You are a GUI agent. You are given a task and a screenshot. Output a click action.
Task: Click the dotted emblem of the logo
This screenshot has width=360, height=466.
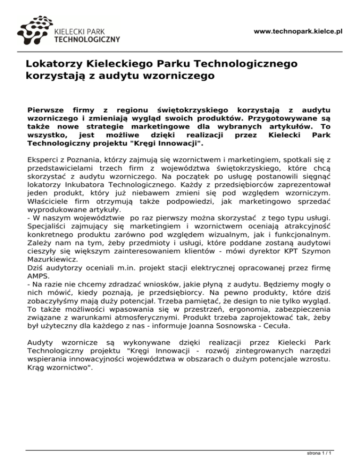(35, 30)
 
